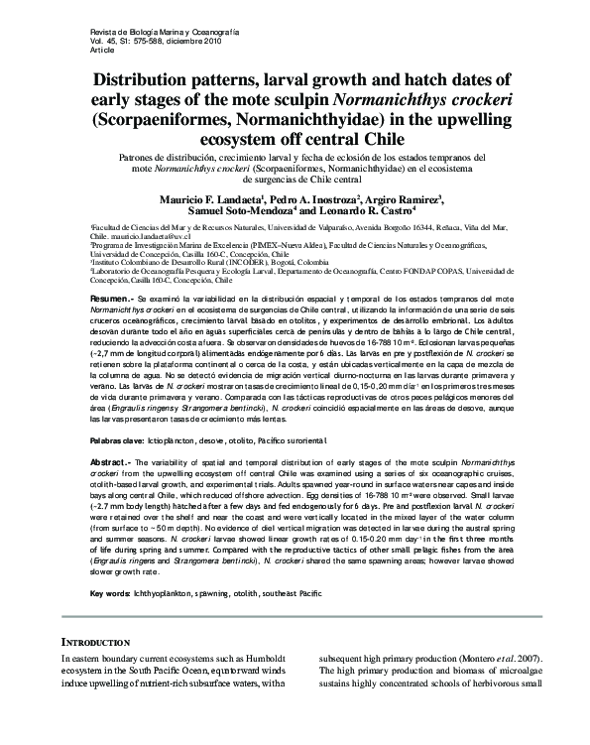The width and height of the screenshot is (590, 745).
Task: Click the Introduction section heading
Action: pyautogui.click(x=102, y=643)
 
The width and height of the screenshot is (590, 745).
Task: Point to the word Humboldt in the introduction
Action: pyautogui.click(x=272, y=657)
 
